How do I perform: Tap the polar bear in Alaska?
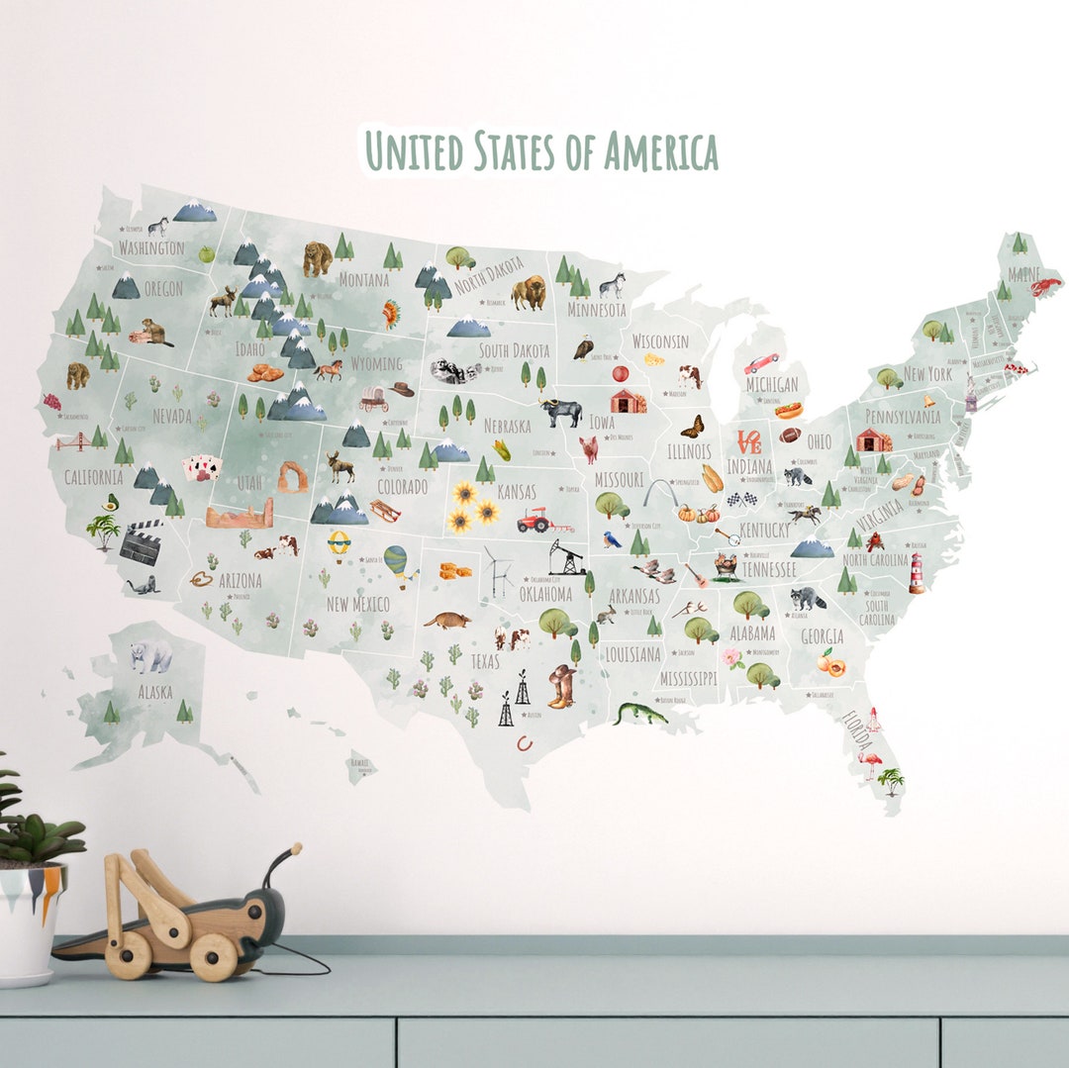tap(151, 655)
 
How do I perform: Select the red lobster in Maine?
tap(1045, 287)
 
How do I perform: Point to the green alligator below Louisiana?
tap(639, 713)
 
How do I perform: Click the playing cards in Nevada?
tap(202, 467)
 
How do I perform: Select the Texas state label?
tap(485, 661)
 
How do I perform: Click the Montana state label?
tap(363, 280)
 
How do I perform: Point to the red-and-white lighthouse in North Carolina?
tap(917, 573)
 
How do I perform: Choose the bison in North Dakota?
tap(529, 292)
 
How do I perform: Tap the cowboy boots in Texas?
tap(561, 685)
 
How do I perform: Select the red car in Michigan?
tap(761, 362)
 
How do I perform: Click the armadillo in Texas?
tap(447, 621)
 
